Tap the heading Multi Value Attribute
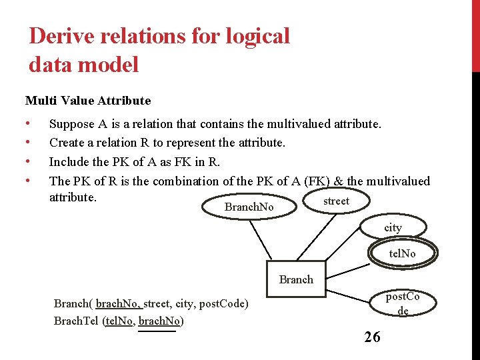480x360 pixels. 88,101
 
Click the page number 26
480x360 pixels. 372,337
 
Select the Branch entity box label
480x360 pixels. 296,279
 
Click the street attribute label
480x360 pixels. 336,201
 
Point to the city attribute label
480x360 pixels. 393,227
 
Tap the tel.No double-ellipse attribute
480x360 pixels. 402,253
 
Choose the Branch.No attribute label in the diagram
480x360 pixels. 249,207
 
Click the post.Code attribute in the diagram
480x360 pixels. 403,303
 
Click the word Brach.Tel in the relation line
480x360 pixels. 76,321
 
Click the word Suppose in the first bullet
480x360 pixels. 71,123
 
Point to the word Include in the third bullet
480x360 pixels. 69,161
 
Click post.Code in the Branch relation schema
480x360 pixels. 221,304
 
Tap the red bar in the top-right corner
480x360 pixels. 475,33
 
